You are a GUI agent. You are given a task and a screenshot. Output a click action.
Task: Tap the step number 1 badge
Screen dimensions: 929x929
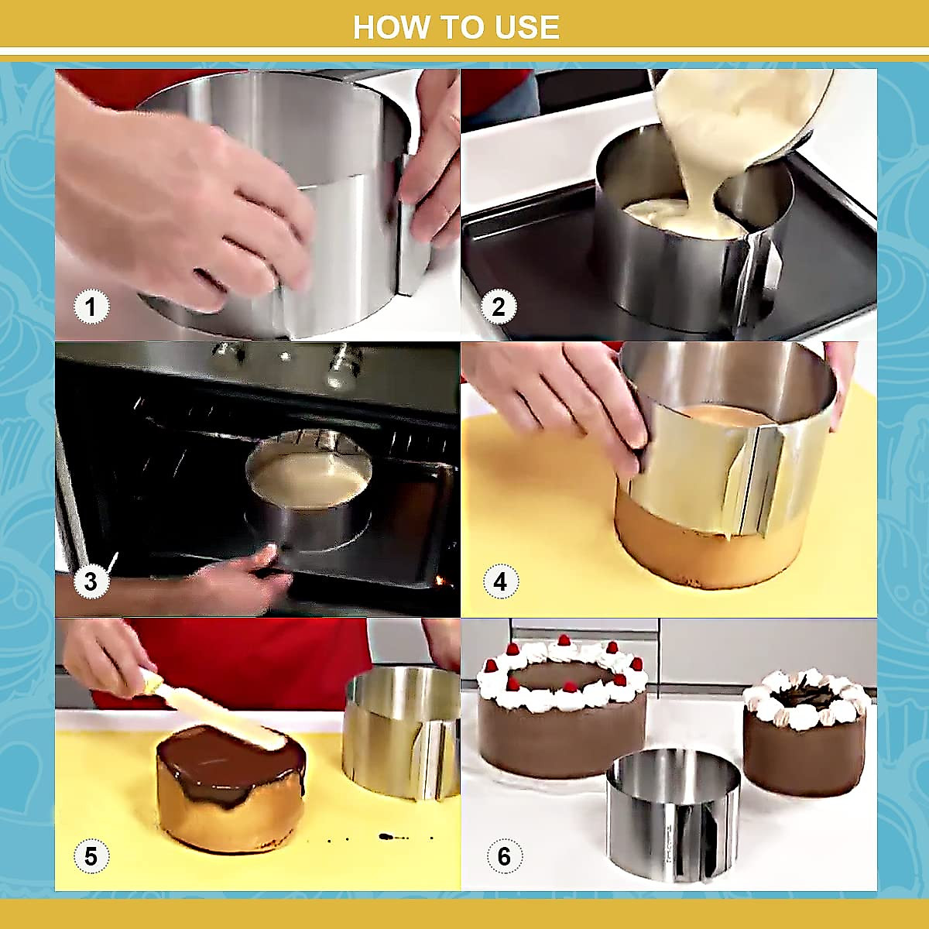coord(91,307)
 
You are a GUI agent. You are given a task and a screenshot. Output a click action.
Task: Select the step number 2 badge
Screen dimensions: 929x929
coord(499,307)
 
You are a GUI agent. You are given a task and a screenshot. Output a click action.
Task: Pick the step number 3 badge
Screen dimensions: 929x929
coord(91,581)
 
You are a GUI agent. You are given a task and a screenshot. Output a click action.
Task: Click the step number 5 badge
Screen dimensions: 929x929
coord(91,856)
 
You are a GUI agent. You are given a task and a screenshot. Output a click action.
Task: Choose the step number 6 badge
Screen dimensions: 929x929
coord(504,856)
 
